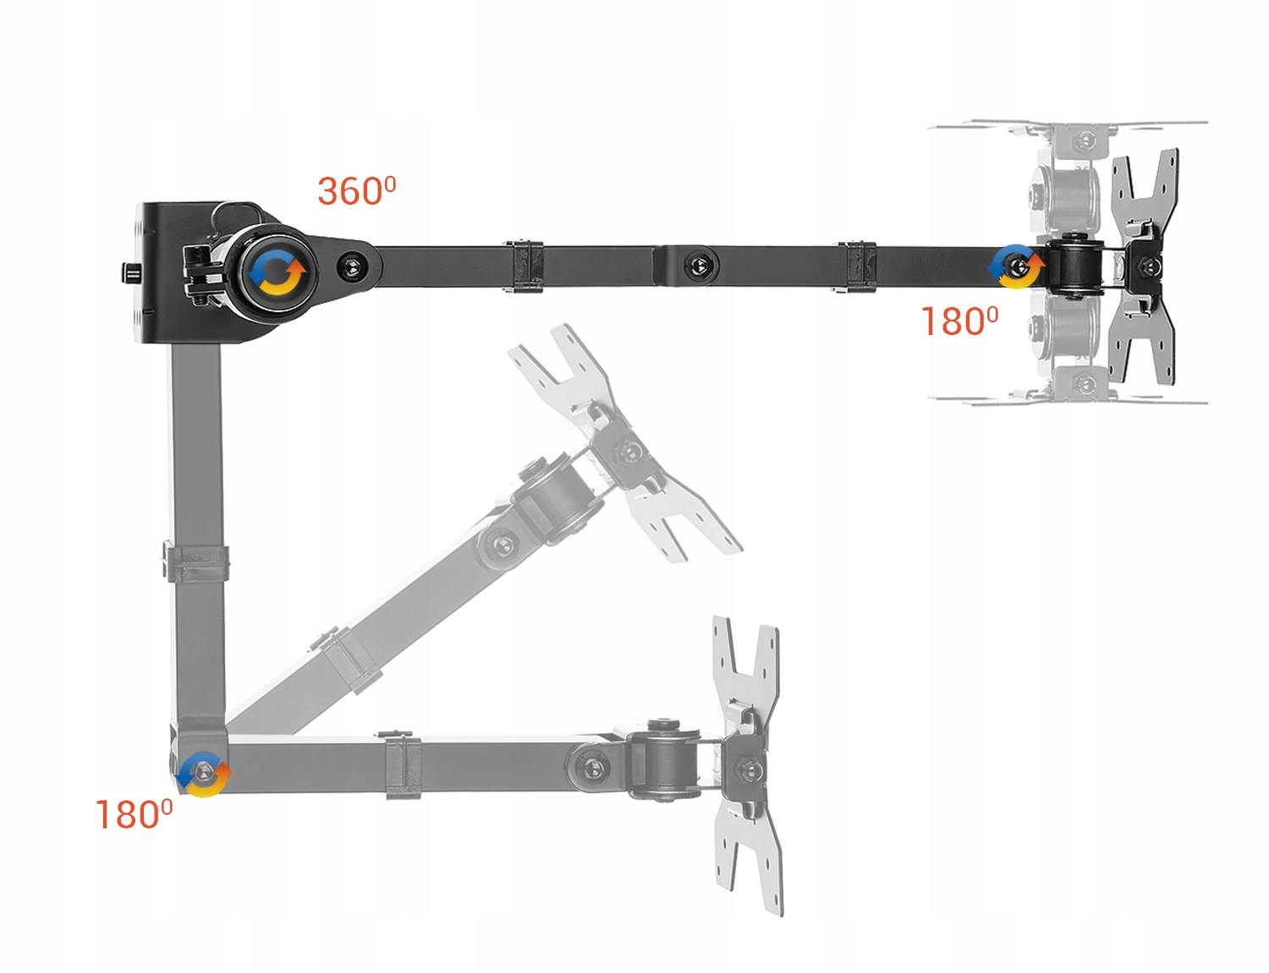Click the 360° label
[356, 191]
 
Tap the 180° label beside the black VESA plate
[959, 322]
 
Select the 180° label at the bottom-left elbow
[134, 815]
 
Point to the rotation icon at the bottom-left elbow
[203, 773]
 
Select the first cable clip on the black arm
[525, 267]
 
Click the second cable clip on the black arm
[854, 267]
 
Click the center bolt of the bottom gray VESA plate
[747, 770]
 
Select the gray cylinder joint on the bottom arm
[664, 759]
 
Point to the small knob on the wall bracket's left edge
[127, 272]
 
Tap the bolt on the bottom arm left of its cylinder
[593, 768]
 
